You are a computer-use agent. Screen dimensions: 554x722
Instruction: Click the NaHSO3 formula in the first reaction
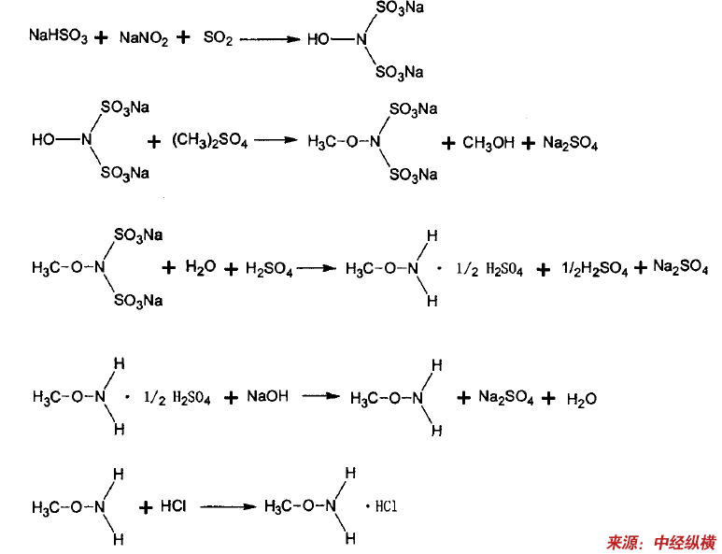(58, 38)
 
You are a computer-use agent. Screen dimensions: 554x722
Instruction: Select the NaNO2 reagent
(143, 38)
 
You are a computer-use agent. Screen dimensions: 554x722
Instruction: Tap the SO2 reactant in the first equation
(216, 38)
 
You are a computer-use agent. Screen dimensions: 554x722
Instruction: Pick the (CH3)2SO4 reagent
(210, 141)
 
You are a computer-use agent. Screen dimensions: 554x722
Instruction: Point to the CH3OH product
(488, 143)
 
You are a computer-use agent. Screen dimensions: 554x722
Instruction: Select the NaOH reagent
(267, 396)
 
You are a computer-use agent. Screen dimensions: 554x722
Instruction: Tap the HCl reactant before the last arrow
(174, 505)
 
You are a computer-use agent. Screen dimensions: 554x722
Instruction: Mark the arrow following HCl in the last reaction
(227, 506)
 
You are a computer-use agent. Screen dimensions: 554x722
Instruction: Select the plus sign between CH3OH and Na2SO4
(529, 143)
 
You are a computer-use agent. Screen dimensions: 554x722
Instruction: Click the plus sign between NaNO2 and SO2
(183, 38)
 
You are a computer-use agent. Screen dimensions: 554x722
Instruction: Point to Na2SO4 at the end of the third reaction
(680, 267)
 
